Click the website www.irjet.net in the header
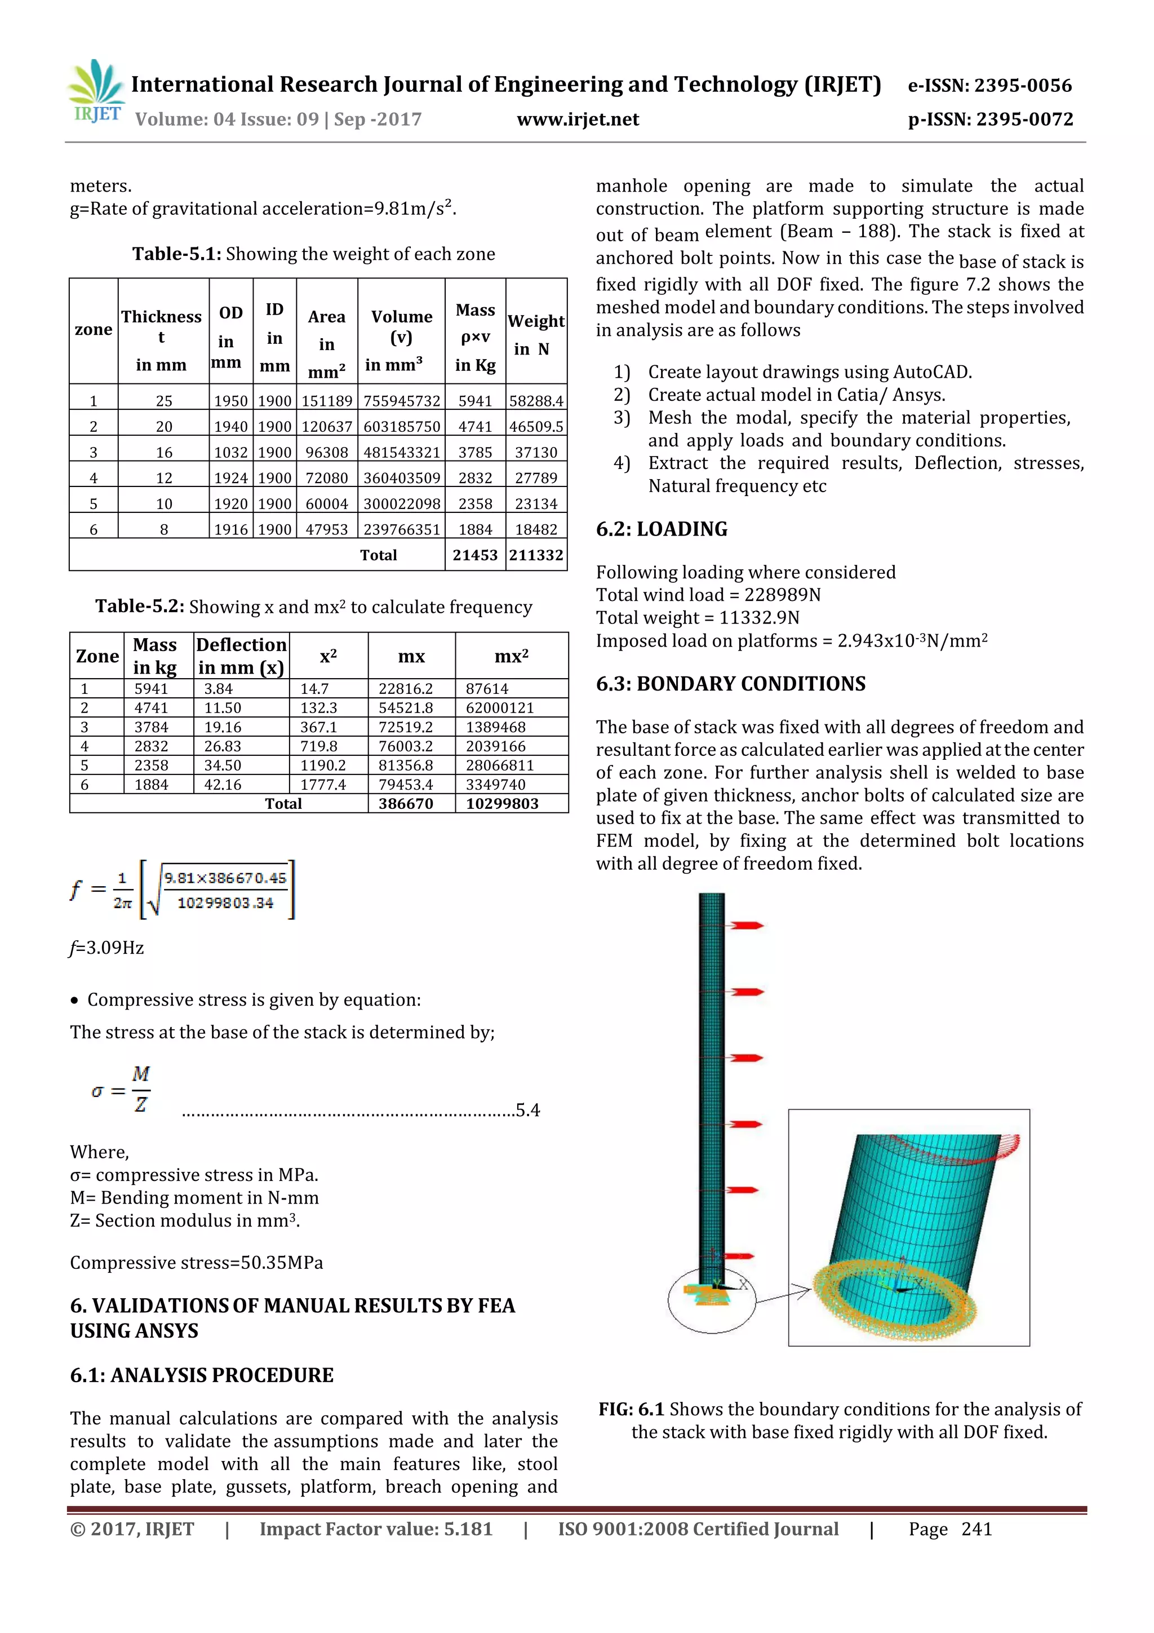(578, 120)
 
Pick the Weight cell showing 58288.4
(536, 401)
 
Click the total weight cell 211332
(536, 555)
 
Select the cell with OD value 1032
(230, 452)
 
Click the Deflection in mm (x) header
(241, 656)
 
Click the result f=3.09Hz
(106, 948)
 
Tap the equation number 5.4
(527, 1110)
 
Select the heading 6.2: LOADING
(662, 529)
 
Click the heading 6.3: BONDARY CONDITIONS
(730, 684)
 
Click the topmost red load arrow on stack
(747, 926)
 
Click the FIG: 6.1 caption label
(631, 1409)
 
